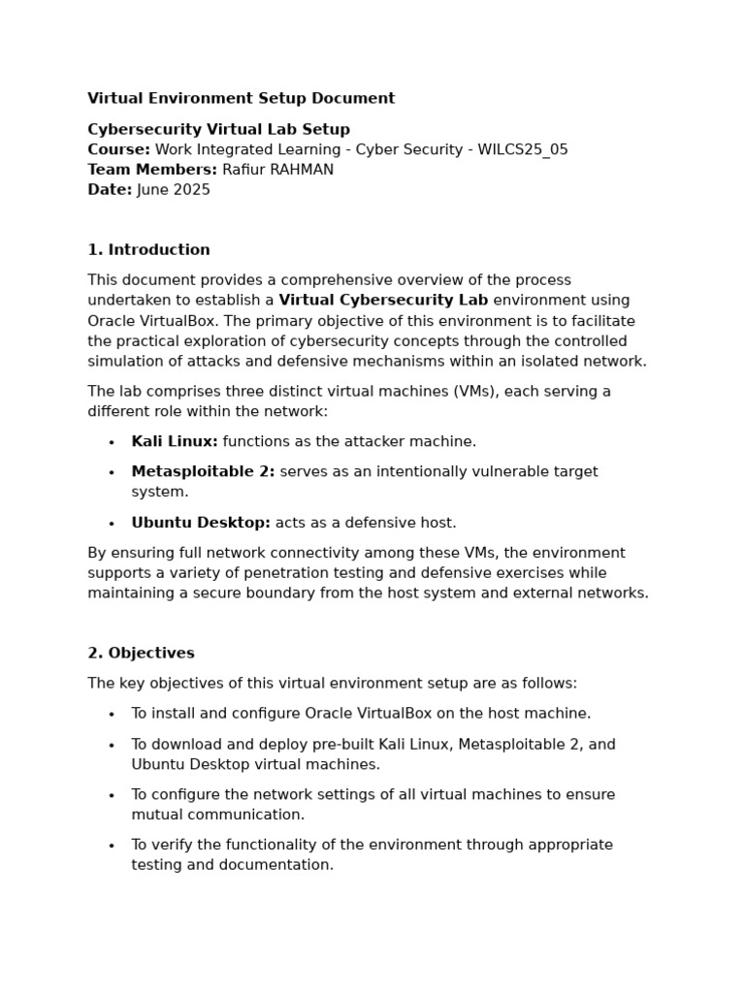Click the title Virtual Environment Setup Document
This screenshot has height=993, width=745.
(241, 99)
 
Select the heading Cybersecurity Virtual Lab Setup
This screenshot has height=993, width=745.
(218, 130)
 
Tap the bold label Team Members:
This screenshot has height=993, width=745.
(152, 171)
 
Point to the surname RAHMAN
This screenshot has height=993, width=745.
(305, 171)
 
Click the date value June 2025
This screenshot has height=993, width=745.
(174, 191)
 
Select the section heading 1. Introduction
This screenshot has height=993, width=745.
(148, 250)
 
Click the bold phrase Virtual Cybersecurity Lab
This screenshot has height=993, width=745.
(383, 301)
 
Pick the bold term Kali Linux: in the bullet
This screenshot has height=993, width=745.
(175, 442)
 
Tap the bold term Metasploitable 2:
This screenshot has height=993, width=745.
(203, 472)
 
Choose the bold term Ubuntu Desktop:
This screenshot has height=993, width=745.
(201, 524)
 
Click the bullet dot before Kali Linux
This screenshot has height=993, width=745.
(112, 443)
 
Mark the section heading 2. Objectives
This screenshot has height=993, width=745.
(141, 654)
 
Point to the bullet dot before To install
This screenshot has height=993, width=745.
(112, 715)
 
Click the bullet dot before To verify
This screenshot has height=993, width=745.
(112, 847)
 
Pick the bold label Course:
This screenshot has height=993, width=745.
(118, 150)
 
